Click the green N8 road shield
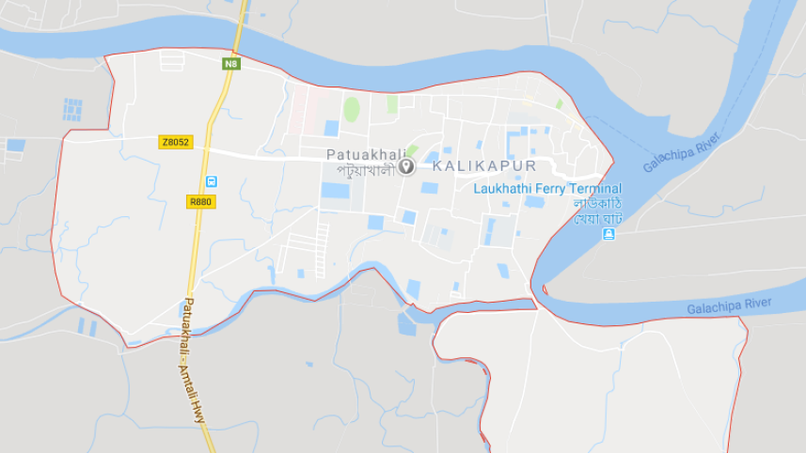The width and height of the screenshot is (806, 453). coord(231,64)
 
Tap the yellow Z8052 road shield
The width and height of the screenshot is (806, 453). coord(175,142)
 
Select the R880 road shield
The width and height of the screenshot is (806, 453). coord(200,201)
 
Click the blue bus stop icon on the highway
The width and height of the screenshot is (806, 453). coord(212,181)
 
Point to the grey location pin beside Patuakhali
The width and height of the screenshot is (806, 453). coord(406,166)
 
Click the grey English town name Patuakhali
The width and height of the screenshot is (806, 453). coord(366,154)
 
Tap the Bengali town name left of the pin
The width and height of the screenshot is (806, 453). coord(366,171)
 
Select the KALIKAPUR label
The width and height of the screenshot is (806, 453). coord(483,166)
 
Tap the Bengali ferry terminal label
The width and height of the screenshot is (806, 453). coord(598,211)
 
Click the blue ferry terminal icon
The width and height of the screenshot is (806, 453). coord(608,234)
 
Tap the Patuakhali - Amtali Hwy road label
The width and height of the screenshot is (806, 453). coord(193,362)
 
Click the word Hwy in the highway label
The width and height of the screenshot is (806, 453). coord(199,414)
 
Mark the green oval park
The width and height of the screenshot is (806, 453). coord(351,109)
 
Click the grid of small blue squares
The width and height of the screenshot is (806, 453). coord(72,109)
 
